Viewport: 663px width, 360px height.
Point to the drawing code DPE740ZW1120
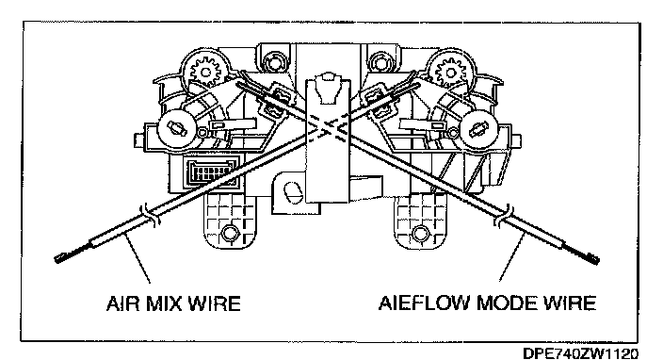point(581,352)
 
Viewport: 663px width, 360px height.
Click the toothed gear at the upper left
point(205,71)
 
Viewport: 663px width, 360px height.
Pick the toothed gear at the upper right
point(450,72)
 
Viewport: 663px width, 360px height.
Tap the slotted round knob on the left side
point(176,128)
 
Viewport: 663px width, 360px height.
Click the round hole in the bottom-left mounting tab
point(229,233)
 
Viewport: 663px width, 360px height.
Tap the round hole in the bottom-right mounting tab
point(420,233)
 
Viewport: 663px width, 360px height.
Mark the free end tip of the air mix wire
point(57,259)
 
